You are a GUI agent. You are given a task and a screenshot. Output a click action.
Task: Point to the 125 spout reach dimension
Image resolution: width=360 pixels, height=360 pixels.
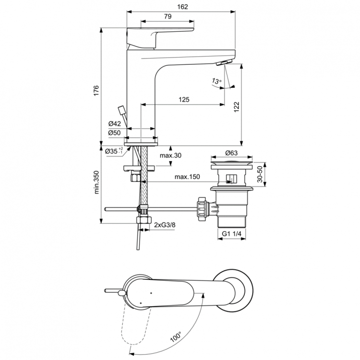(x=183, y=100)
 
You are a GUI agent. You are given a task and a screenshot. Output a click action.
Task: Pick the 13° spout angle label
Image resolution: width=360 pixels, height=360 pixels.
(x=216, y=82)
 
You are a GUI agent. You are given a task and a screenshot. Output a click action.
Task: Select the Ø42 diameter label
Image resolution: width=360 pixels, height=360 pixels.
(x=114, y=124)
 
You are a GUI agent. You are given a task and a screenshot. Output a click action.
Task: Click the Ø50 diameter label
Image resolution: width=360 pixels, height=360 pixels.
(x=114, y=132)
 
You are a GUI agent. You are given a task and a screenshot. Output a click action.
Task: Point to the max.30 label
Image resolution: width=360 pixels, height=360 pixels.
(x=170, y=155)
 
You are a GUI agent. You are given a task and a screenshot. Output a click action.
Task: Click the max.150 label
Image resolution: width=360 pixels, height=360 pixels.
(x=187, y=177)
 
